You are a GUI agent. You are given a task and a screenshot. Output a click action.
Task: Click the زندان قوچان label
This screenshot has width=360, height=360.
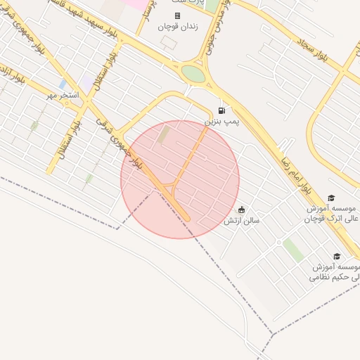point(177,26)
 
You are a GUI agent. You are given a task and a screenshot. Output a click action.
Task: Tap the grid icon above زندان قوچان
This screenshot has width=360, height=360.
point(177,15)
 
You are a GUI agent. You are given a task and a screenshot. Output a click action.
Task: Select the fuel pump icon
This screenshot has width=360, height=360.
point(222,110)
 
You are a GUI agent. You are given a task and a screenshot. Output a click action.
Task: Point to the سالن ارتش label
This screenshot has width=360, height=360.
point(242,221)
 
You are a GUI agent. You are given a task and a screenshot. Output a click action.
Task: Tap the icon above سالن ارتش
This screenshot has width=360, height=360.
point(242,210)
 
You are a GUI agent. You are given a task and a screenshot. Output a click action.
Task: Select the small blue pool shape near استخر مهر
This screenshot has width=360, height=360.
point(63,84)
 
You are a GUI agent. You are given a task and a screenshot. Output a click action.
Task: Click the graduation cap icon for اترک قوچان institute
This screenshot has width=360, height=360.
point(331,198)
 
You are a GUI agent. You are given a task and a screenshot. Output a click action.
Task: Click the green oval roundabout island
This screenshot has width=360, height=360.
point(192,73)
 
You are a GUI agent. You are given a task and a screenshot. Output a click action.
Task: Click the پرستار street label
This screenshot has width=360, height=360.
point(148,15)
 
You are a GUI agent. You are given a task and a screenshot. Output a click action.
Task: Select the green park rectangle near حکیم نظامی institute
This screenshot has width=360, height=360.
point(294,250)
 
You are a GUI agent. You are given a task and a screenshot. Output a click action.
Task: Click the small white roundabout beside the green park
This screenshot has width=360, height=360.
point(278,243)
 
